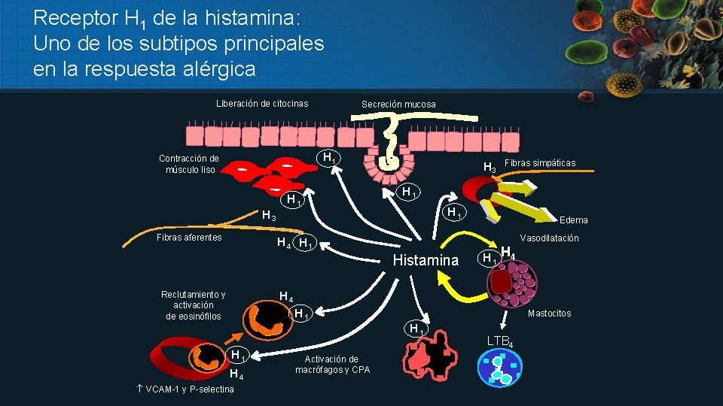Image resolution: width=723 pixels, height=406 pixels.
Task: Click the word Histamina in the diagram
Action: (426, 260)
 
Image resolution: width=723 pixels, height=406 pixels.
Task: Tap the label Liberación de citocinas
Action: (262, 104)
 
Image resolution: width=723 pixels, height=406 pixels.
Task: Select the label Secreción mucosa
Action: (398, 105)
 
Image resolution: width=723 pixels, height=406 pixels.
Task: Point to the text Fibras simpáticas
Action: (540, 163)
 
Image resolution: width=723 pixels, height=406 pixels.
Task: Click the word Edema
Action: (573, 220)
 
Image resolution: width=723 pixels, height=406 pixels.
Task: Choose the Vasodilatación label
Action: (550, 238)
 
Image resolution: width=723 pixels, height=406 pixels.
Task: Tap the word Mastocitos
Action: (550, 314)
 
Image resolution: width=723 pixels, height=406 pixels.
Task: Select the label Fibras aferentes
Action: (189, 238)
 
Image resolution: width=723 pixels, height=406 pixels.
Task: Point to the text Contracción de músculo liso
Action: (189, 164)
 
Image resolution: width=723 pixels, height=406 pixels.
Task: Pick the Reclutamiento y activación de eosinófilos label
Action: (194, 305)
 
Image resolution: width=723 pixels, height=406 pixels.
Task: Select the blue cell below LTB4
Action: (499, 368)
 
